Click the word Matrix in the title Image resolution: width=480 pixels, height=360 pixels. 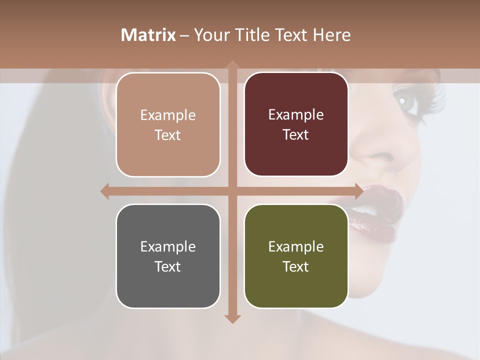[148, 35]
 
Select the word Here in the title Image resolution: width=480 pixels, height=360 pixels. [331, 35]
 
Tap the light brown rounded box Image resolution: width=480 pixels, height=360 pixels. [168, 124]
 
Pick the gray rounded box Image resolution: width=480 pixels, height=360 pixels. [168, 256]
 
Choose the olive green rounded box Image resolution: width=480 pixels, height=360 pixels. [296, 256]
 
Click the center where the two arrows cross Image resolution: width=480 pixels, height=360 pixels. [232, 191]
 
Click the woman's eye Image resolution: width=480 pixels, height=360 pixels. [403, 100]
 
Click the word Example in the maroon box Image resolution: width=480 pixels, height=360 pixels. [296, 114]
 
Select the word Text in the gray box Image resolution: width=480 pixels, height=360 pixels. [168, 266]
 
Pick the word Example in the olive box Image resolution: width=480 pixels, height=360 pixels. [296, 246]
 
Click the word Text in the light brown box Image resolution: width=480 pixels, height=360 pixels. [168, 135]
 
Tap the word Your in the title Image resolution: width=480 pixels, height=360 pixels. [210, 35]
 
